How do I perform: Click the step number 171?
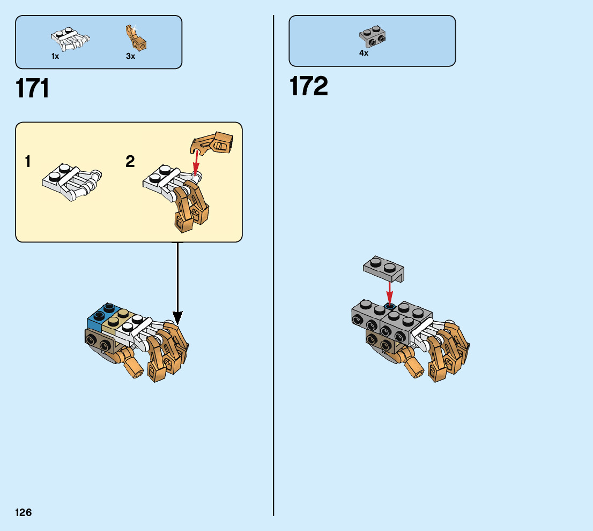coord(33,89)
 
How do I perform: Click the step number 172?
coord(308,87)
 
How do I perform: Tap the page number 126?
coord(24,513)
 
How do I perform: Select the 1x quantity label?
coord(55,56)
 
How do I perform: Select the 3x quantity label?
coord(130,56)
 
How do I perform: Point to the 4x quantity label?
coord(364,54)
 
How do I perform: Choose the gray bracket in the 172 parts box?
coord(373,36)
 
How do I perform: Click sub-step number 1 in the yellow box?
coord(27,162)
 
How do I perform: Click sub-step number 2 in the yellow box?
coord(130,162)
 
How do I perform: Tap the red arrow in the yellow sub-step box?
coord(196,161)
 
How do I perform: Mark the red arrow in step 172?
coord(390,292)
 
